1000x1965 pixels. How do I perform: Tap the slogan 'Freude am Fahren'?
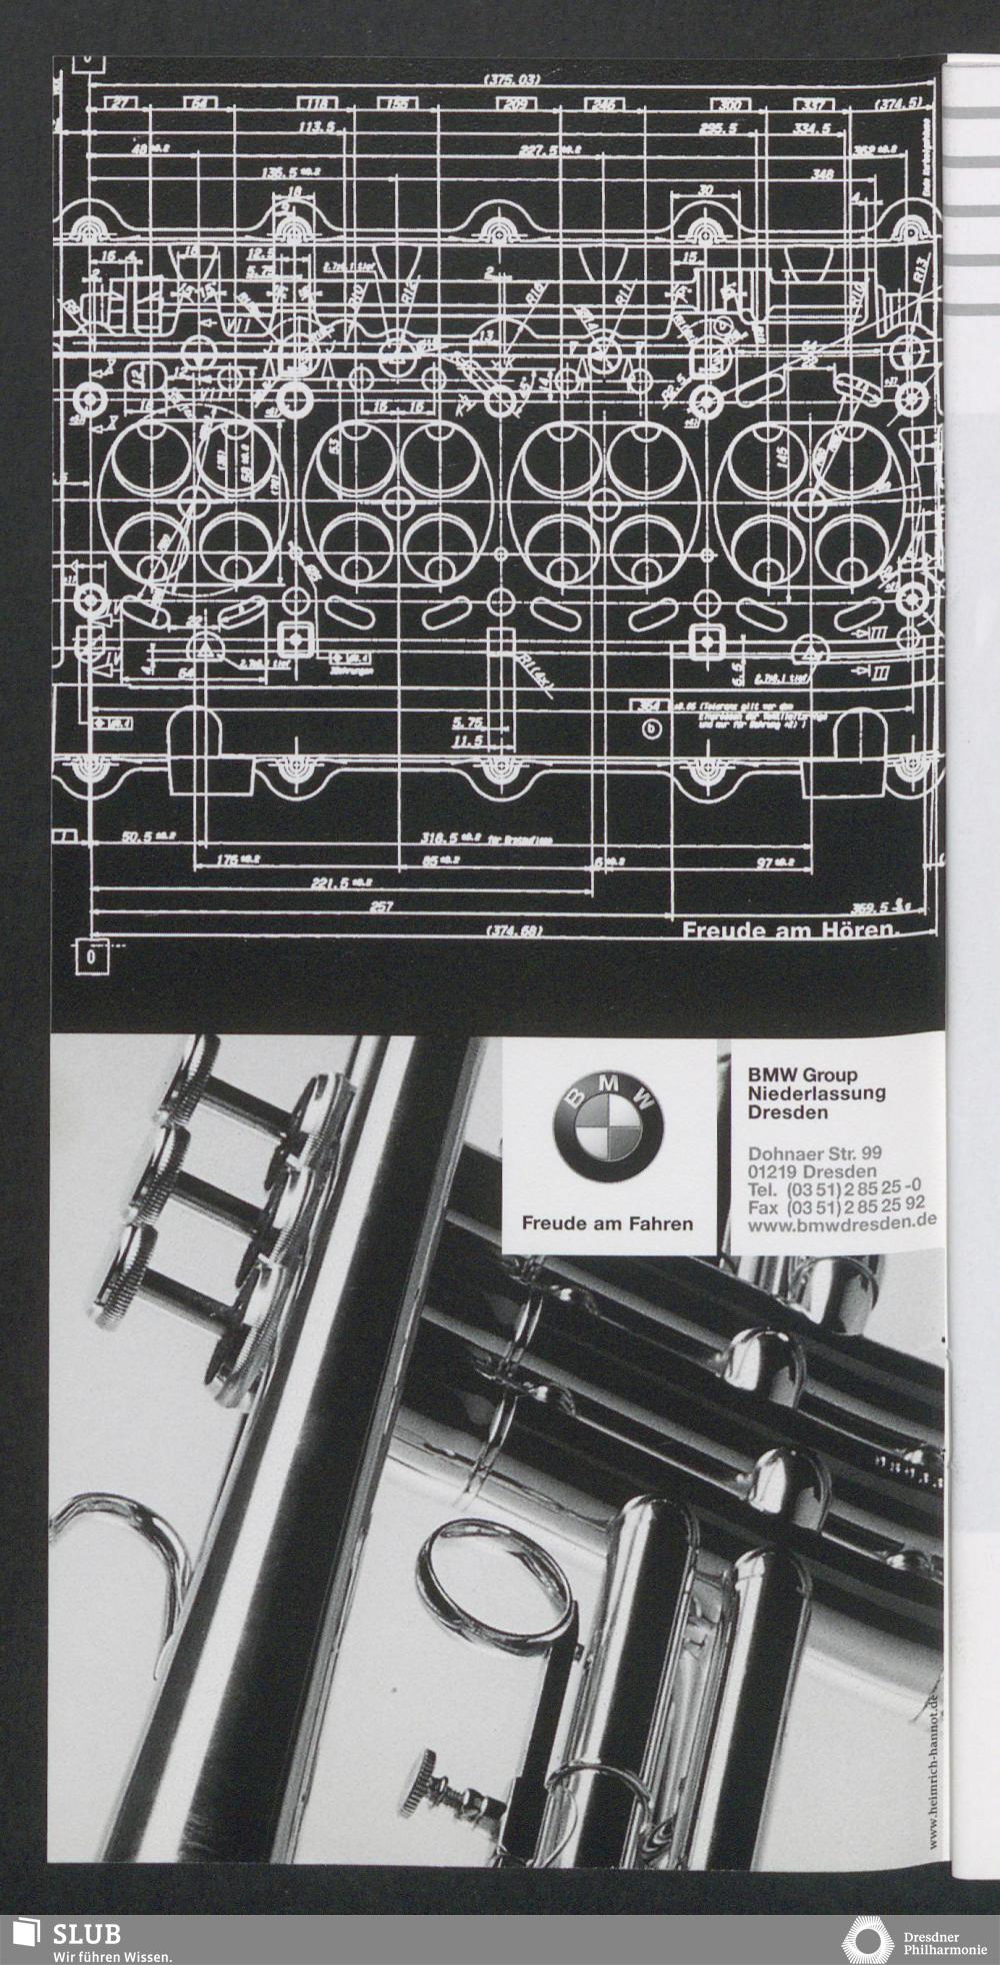coord(607,1223)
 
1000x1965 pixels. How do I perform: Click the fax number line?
coord(836,1204)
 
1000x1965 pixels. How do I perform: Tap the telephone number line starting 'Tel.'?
coord(834,1188)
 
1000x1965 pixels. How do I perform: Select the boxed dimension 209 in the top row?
coord(517,104)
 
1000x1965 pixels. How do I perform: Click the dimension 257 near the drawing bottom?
coord(381,908)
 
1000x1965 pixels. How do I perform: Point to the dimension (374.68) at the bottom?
coord(516,932)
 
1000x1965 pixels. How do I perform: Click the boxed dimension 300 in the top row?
coord(730,104)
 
